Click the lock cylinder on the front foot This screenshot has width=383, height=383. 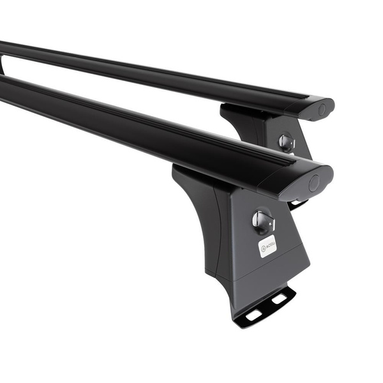262,220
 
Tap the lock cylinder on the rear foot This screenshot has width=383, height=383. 287,142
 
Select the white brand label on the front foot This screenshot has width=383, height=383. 267,246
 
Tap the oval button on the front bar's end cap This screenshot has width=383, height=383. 314,183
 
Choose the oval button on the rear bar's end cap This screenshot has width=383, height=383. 322,109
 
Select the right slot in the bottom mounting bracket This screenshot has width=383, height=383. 279,298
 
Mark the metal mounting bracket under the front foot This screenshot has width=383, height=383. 265,307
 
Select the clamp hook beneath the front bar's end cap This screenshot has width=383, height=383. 296,204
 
